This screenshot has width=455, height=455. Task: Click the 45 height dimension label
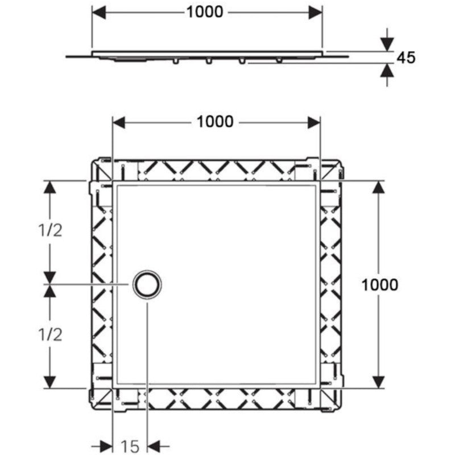click(x=406, y=57)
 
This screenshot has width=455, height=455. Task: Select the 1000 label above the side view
click(x=205, y=12)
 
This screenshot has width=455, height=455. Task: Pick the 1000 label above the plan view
click(x=215, y=122)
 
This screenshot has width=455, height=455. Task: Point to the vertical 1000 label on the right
click(x=379, y=285)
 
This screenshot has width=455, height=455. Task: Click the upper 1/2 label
click(x=50, y=231)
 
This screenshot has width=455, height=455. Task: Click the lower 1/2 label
click(x=50, y=335)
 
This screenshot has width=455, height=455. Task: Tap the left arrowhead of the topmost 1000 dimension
click(x=98, y=13)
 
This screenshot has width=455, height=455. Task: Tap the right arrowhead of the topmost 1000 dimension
click(x=316, y=13)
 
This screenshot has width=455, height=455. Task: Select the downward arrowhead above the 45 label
click(x=387, y=44)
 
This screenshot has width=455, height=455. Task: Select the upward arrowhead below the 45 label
click(x=387, y=71)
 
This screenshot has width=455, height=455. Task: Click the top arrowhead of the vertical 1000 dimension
click(x=378, y=187)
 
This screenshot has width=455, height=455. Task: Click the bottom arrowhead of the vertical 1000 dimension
click(x=378, y=382)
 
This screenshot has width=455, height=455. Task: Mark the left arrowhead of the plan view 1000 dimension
click(x=119, y=122)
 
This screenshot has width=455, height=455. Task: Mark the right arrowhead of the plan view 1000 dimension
click(x=314, y=122)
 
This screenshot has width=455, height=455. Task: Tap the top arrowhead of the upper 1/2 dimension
click(x=50, y=187)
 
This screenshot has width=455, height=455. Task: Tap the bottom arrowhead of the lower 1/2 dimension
click(x=50, y=382)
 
